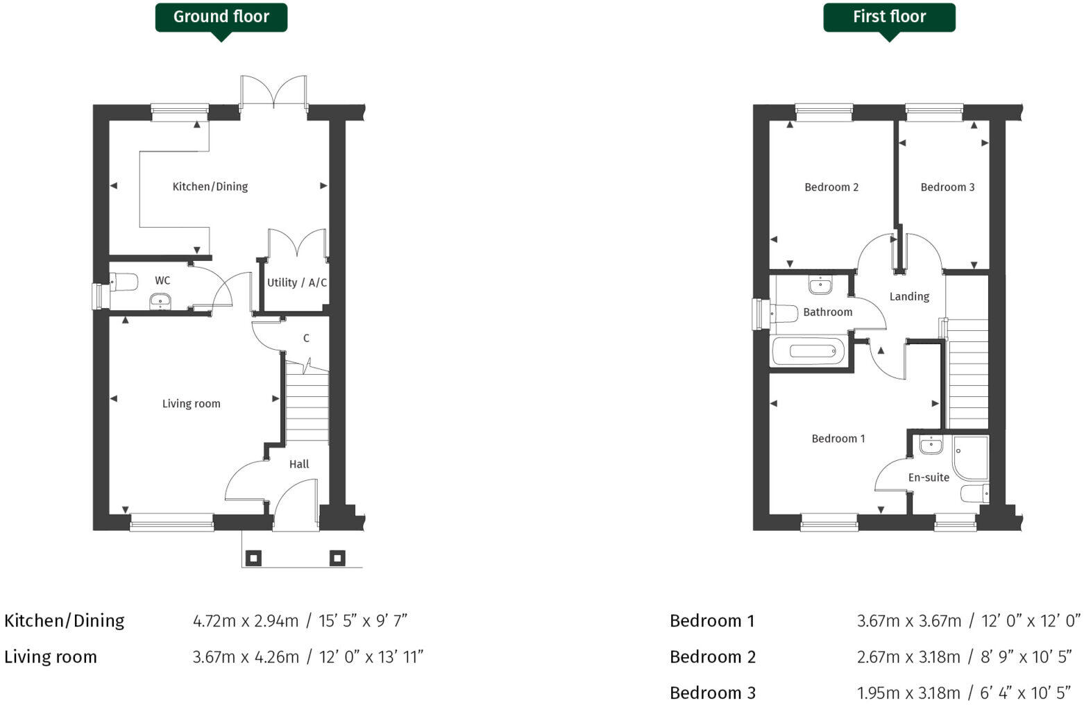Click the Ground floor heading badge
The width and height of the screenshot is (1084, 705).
(221, 17)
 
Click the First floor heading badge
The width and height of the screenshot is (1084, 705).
(888, 17)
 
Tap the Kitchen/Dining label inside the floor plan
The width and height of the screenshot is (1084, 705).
(210, 187)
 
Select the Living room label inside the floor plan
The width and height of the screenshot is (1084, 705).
(191, 404)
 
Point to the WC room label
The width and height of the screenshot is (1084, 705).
(162, 281)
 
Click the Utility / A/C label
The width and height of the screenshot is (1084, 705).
(297, 283)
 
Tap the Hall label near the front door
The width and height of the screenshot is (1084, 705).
(299, 464)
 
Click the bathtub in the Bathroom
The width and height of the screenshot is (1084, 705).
(808, 351)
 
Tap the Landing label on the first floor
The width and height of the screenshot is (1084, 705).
(909, 297)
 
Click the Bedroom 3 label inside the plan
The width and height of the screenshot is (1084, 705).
(947, 187)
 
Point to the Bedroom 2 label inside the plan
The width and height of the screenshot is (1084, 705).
(831, 187)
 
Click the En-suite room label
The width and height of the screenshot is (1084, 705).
(929, 477)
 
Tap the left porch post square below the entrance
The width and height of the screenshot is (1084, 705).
(254, 558)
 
